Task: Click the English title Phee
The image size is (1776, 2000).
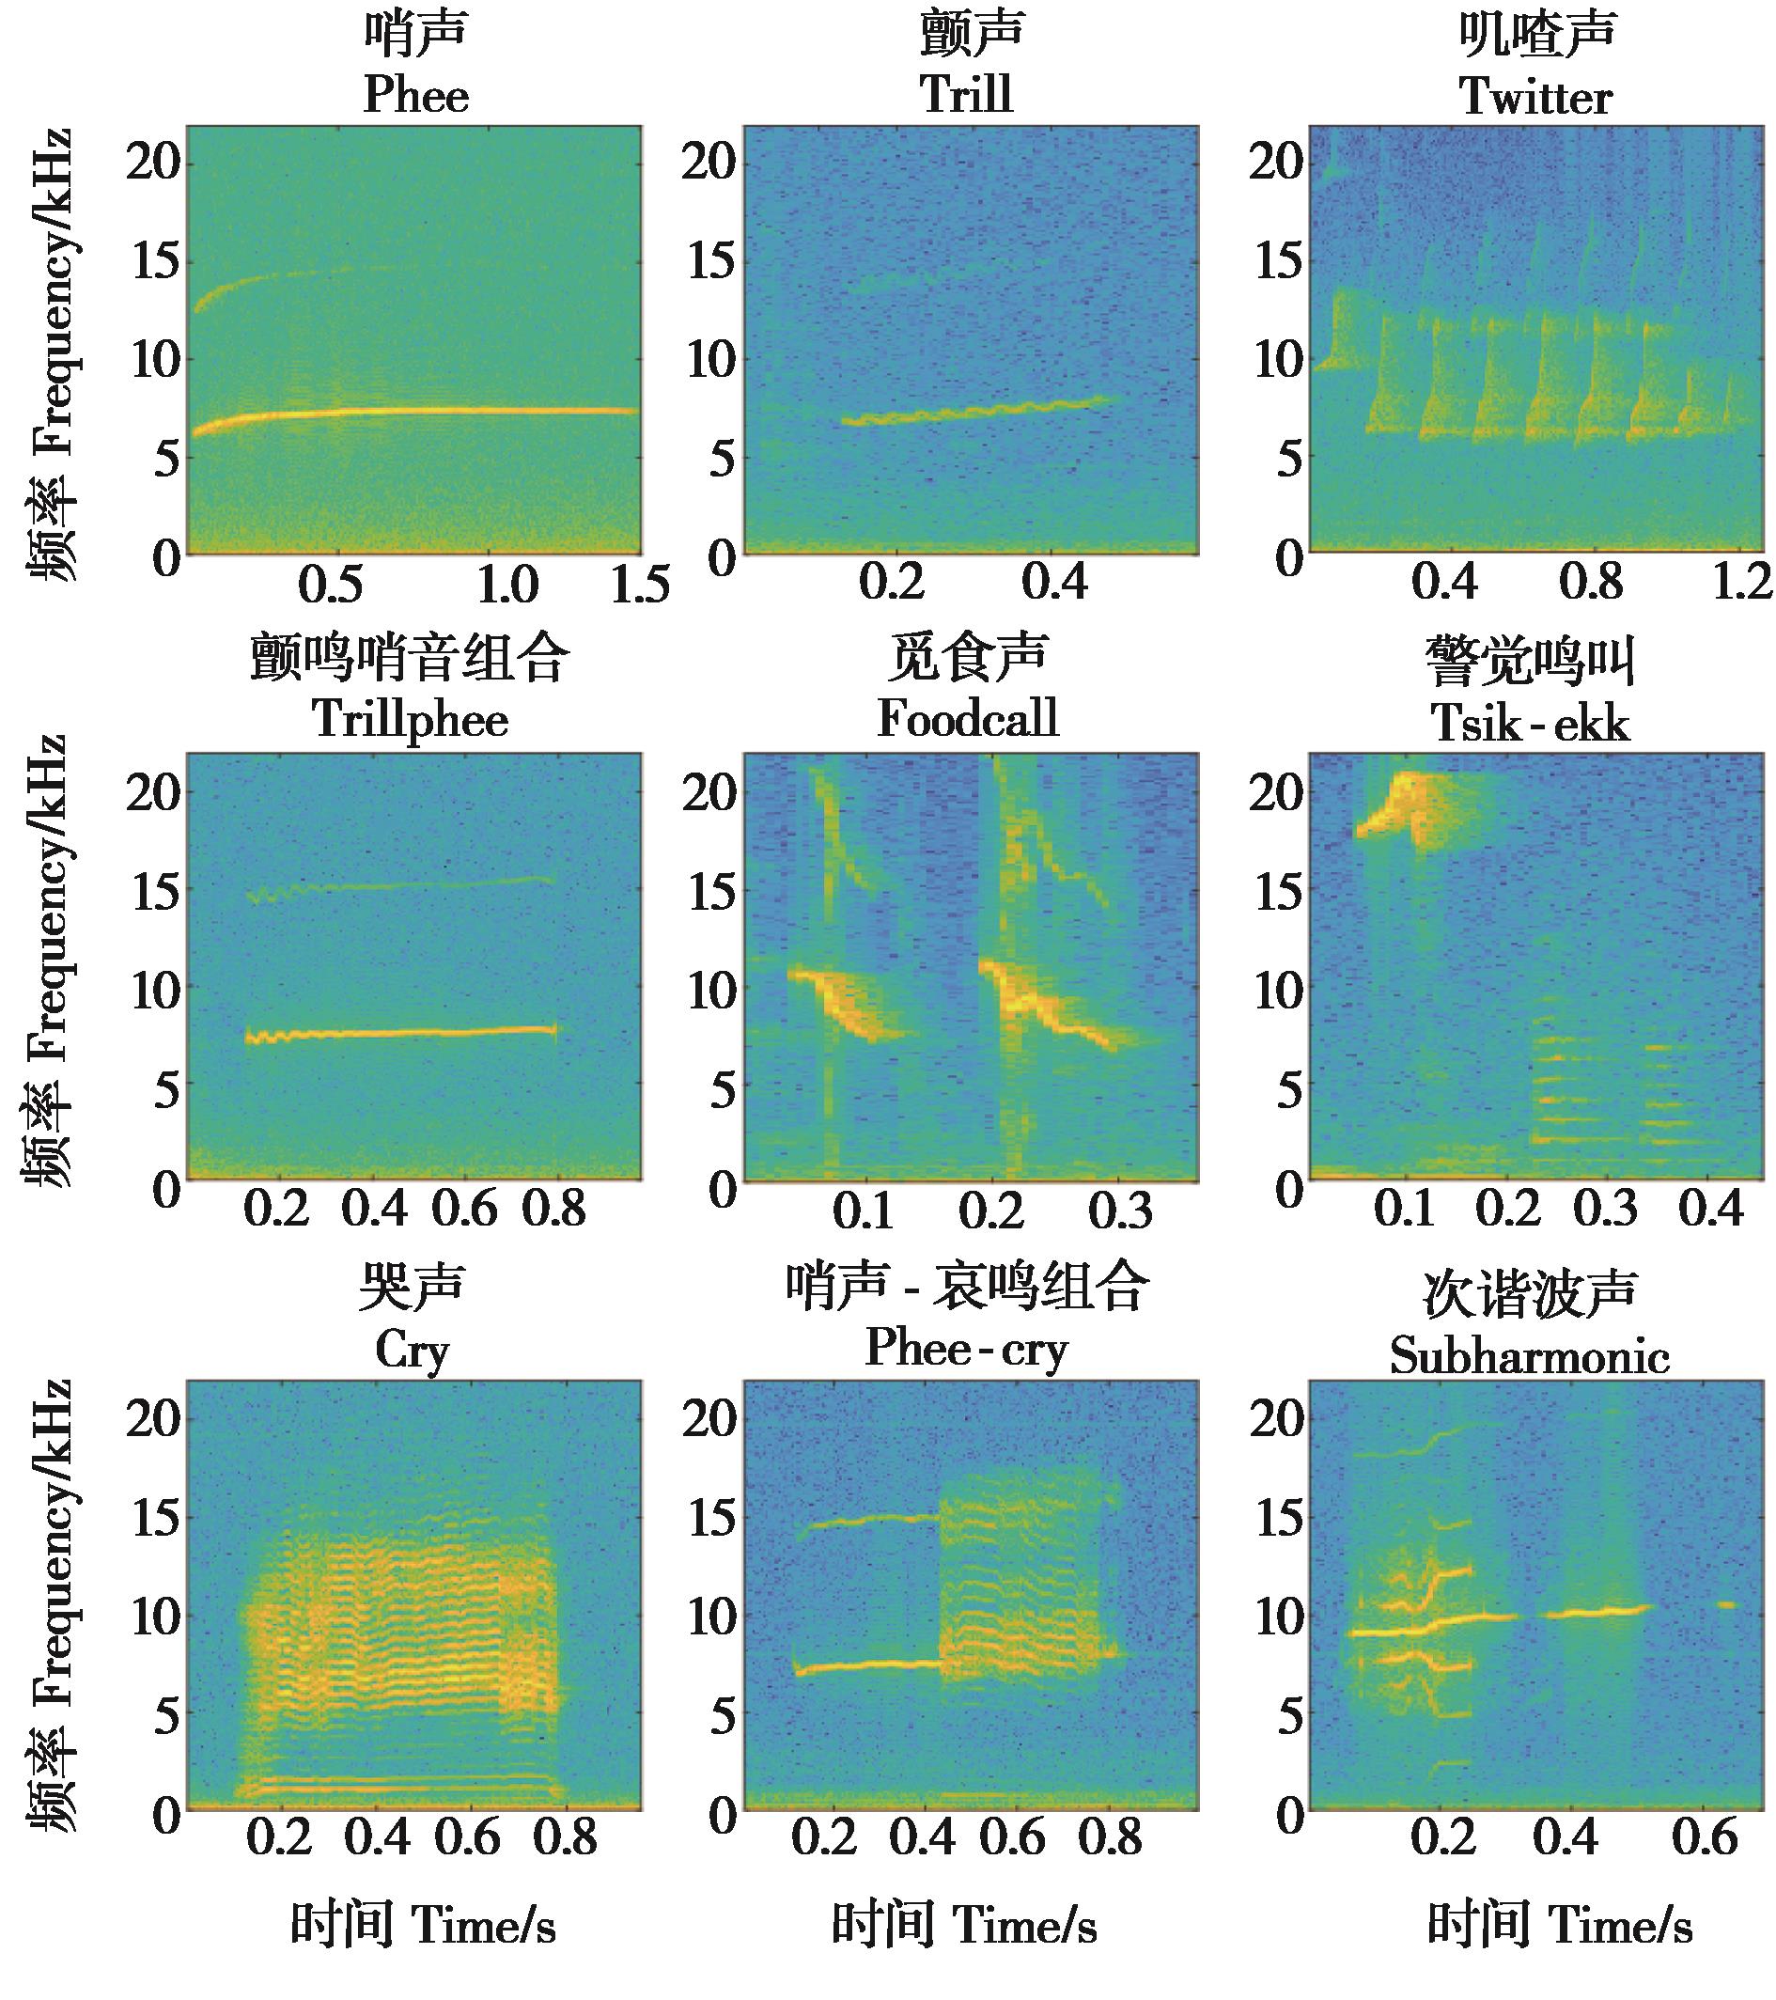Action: tap(416, 95)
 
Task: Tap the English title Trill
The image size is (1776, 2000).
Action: tap(966, 95)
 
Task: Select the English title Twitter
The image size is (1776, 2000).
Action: tap(1535, 97)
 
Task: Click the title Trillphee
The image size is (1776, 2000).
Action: tap(410, 720)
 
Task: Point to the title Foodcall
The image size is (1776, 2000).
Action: tap(967, 718)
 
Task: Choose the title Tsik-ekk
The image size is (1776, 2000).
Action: tap(1530, 723)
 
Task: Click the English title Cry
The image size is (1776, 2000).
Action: tap(412, 1352)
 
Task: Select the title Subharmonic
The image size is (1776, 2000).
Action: tap(1529, 1355)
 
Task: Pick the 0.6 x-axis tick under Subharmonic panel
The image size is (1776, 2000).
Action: tap(1704, 1836)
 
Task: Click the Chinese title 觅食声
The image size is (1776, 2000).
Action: tap(967, 657)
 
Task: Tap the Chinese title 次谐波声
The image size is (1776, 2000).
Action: tap(1530, 1291)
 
